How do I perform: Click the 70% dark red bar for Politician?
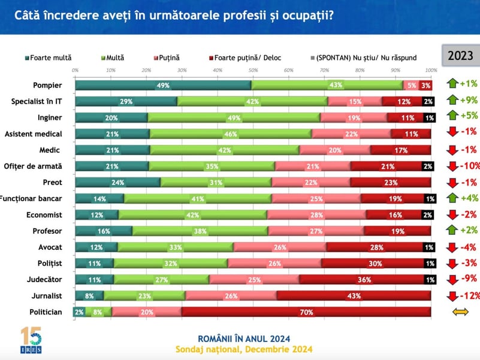point(306,311)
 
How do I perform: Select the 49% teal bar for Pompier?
point(163,86)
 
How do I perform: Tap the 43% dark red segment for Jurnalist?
point(354,295)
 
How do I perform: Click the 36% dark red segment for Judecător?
point(366,279)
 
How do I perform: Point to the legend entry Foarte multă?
point(48,58)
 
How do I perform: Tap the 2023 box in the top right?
point(460,56)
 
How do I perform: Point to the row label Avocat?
point(50,247)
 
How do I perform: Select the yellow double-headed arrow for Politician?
point(460,311)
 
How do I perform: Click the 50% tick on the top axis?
point(253,71)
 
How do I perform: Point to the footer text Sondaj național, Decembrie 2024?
point(244,349)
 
